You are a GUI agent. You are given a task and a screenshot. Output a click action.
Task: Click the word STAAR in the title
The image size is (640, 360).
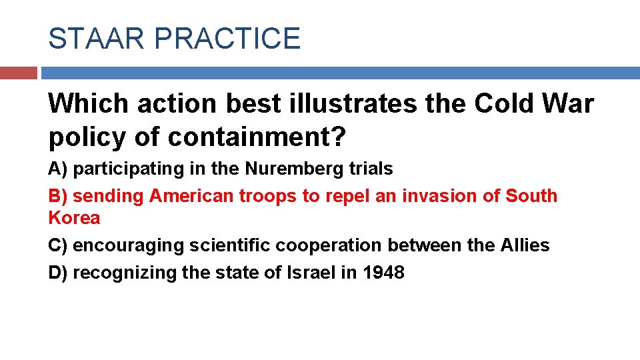point(96,39)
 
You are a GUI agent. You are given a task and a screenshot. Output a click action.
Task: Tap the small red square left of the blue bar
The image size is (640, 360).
point(18,73)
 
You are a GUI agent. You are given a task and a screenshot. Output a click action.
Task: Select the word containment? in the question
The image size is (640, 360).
point(257,137)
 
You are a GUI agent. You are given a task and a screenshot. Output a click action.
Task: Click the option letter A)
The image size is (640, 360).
point(58,169)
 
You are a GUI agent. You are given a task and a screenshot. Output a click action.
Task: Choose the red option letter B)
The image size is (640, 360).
point(58,196)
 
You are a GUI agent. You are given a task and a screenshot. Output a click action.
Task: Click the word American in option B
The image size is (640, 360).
point(193,196)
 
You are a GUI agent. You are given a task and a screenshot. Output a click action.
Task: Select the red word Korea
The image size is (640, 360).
point(74,218)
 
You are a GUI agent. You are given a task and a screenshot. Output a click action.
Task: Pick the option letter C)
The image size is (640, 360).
point(58,245)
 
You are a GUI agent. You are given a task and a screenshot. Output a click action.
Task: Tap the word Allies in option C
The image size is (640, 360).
point(525,245)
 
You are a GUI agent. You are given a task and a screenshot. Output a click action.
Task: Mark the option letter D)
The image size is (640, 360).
point(58,273)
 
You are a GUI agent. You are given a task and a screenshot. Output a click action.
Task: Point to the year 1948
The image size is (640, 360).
point(383,273)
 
